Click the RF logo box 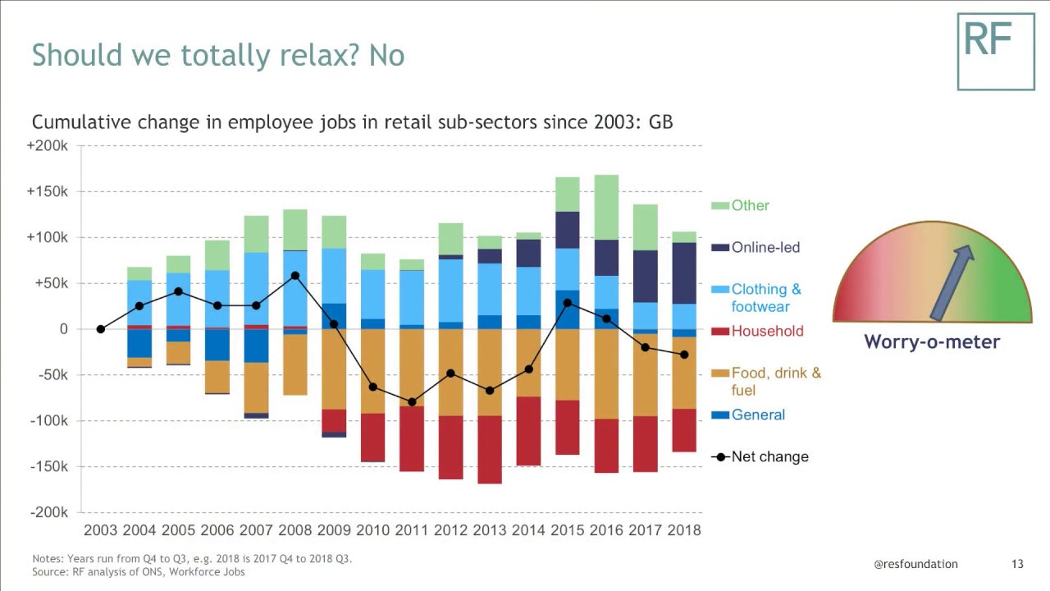[996, 51]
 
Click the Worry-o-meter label [932, 341]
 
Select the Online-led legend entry [765, 247]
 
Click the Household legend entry [767, 331]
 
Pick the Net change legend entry [769, 456]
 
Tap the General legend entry [758, 415]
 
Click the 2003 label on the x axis [101, 530]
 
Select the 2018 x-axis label [683, 530]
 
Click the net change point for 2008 [295, 276]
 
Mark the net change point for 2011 [412, 402]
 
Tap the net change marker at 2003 [101, 329]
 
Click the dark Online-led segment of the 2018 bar [683, 273]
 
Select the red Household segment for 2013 [490, 449]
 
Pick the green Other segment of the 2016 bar [606, 207]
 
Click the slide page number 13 [1017, 564]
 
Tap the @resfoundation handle [915, 564]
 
